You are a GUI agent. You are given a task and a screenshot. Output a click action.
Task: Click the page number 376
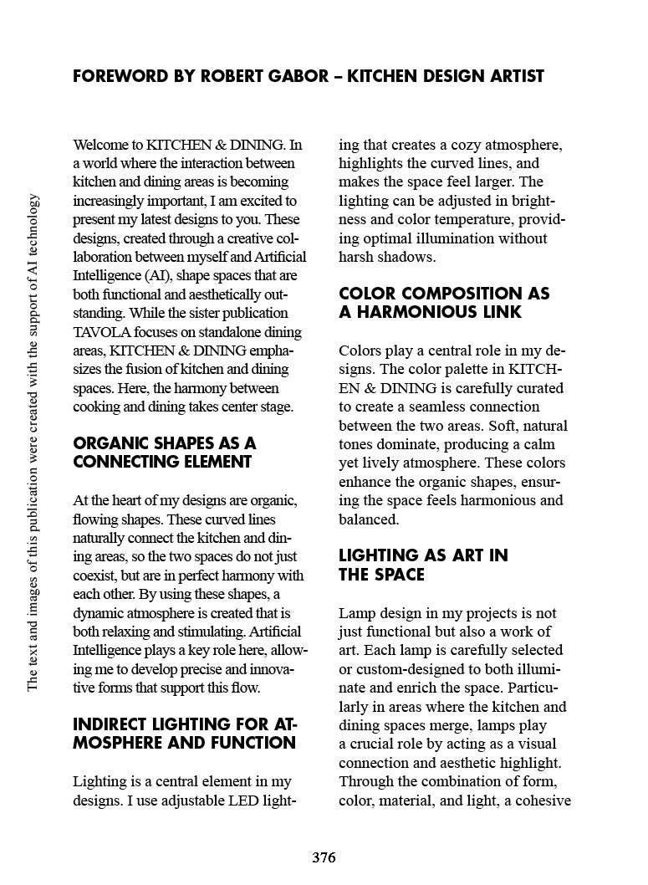point(324,857)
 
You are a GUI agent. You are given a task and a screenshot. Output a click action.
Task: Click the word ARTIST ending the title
point(512,77)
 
